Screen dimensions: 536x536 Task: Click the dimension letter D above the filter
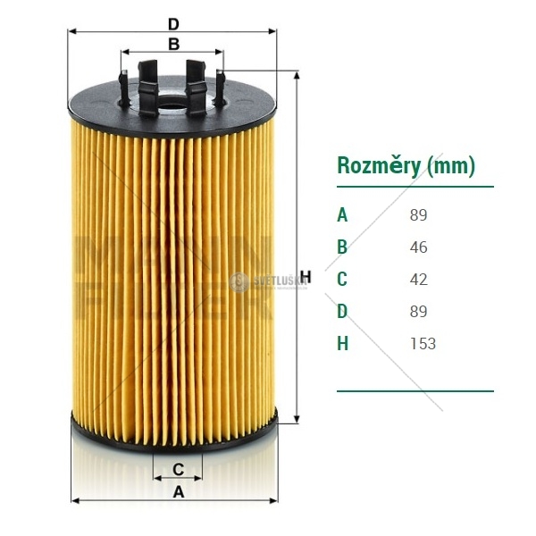(x=173, y=23)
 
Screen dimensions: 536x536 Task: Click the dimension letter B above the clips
(x=173, y=44)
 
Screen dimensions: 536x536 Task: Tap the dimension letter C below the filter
(x=178, y=469)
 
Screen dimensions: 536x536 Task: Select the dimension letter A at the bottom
(x=178, y=492)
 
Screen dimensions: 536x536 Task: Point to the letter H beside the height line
(x=305, y=275)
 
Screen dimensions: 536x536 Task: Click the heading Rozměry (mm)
(x=405, y=165)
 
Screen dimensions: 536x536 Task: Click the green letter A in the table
(x=342, y=215)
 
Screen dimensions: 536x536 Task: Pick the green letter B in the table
(x=342, y=247)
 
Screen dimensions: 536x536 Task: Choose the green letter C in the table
(x=342, y=280)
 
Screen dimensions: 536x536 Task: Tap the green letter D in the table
(x=342, y=312)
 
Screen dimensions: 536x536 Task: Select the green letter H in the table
(x=342, y=344)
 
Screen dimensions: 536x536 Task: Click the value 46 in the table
(x=418, y=247)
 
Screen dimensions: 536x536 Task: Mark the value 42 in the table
(x=418, y=280)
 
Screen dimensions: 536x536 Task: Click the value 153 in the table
(x=423, y=344)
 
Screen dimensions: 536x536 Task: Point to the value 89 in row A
(x=418, y=215)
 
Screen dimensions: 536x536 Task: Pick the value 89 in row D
(x=418, y=312)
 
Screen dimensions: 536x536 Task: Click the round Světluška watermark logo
(x=239, y=281)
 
